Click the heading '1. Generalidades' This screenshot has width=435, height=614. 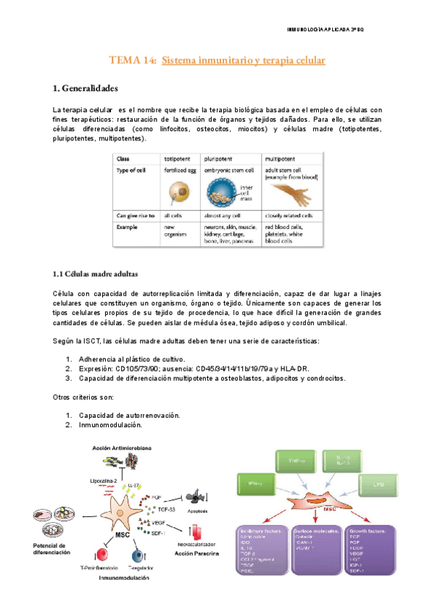click(86, 88)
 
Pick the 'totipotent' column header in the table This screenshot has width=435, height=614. click(178, 158)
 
